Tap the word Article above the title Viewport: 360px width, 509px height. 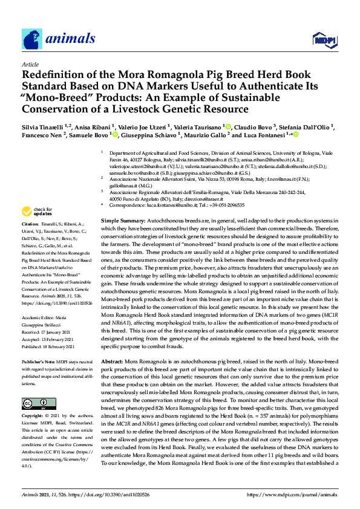[30, 63]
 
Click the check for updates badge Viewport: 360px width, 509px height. [38, 212]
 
